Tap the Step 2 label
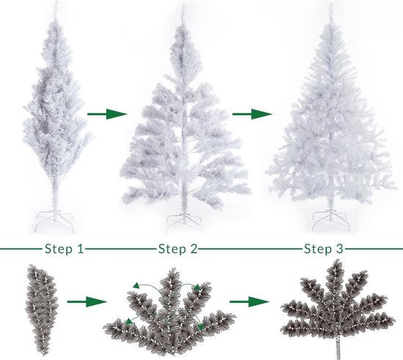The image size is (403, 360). coord(177,249)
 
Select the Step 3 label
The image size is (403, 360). coord(323,249)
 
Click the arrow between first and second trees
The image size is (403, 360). coord(107,114)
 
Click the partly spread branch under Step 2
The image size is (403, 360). coord(170,315)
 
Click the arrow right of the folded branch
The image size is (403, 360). coord(84,301)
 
